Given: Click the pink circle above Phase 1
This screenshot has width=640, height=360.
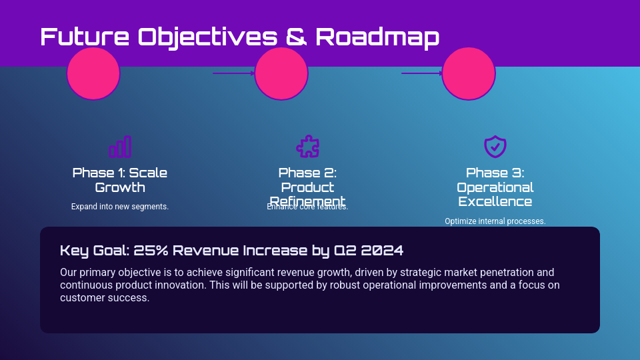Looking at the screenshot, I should pyautogui.click(x=93, y=73).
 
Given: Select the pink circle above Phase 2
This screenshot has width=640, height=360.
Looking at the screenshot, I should pyautogui.click(x=281, y=73).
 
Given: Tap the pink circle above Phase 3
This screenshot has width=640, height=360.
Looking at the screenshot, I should pyautogui.click(x=469, y=73).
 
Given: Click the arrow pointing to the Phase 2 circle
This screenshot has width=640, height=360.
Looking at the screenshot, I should pyautogui.click(x=233, y=73).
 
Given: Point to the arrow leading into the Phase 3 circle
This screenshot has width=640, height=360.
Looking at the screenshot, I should pyautogui.click(x=422, y=73).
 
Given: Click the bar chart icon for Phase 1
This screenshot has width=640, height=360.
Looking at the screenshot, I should pyautogui.click(x=120, y=147).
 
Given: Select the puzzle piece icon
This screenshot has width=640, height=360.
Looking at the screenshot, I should pyautogui.click(x=307, y=147).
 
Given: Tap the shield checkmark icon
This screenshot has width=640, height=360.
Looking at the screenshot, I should pyautogui.click(x=495, y=147).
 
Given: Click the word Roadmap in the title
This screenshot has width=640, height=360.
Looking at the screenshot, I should pyautogui.click(x=377, y=37).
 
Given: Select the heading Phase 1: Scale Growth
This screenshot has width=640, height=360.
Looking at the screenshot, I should pyautogui.click(x=120, y=180).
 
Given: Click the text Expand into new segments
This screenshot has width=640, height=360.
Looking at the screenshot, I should pyautogui.click(x=120, y=207).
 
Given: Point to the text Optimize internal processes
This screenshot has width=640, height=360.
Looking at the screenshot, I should pyautogui.click(x=495, y=221).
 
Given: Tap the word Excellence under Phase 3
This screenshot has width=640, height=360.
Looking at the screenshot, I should pyautogui.click(x=495, y=201).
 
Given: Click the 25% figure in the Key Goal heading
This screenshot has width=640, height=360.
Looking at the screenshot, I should pyautogui.click(x=152, y=251).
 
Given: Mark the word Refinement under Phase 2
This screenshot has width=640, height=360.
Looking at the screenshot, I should pyautogui.click(x=307, y=201).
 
